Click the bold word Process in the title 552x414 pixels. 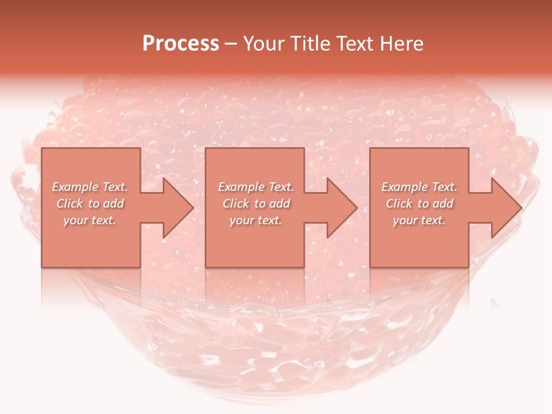click(181, 43)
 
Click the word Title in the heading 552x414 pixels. click(310, 44)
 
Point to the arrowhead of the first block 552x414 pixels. click(178, 208)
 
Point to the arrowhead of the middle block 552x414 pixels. click(342, 208)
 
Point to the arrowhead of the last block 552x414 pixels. click(507, 208)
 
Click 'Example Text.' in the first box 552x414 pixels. click(90, 187)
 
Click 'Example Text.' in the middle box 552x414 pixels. click(255, 187)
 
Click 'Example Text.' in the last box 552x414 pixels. click(419, 187)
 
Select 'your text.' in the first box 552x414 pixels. click(90, 220)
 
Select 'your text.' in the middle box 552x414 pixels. click(255, 220)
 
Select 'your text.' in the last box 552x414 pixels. click(419, 220)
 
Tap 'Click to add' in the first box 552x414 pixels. click(90, 204)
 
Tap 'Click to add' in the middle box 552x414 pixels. click(255, 204)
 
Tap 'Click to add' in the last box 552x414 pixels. click(419, 204)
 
